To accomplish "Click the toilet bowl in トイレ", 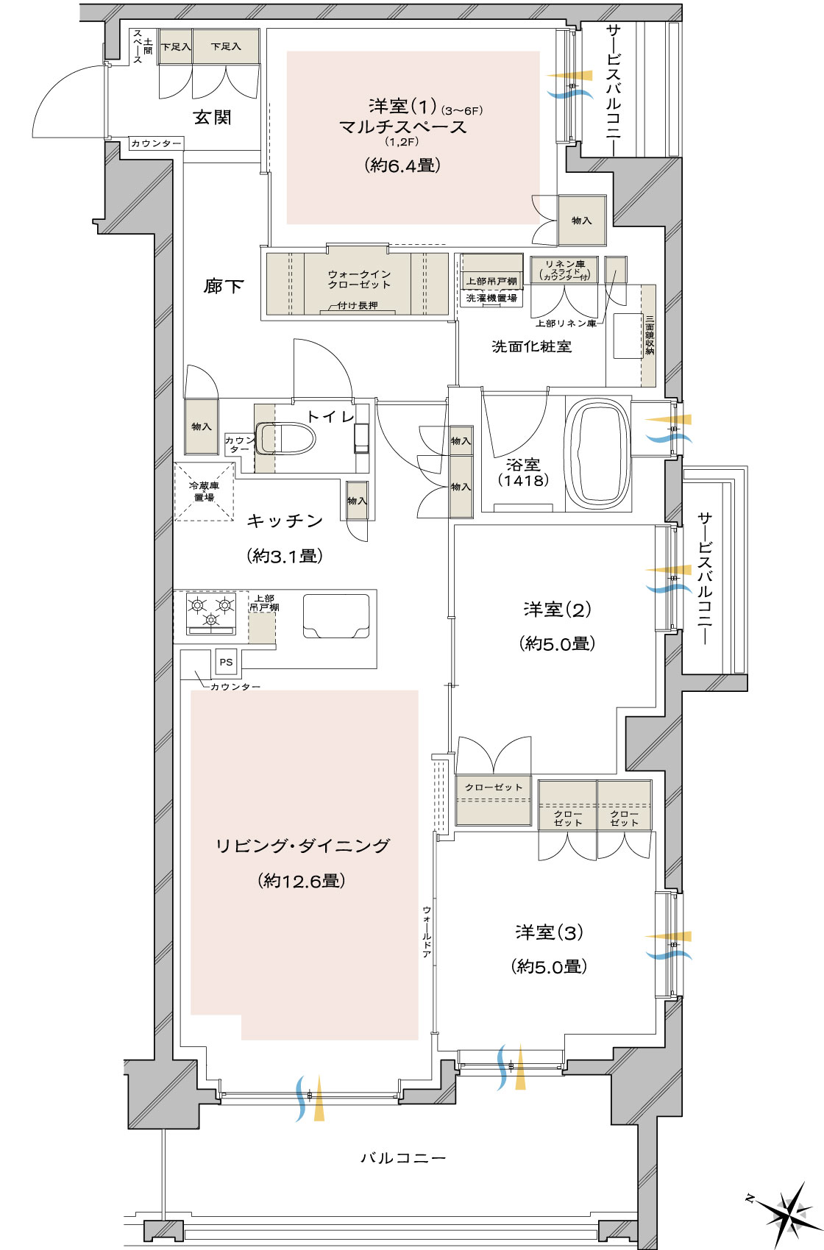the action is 285,439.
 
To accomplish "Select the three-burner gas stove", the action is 210,613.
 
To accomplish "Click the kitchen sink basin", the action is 336,615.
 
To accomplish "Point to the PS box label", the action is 226,662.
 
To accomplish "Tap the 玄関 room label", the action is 212,117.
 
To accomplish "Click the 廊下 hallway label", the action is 224,287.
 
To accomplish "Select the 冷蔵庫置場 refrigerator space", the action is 204,492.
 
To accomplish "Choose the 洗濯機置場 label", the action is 491,298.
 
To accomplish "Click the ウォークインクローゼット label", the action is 359,279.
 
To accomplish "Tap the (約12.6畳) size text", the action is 302,881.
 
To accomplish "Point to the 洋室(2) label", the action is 557,609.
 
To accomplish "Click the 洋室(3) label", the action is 550,932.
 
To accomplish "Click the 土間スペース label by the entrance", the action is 142,46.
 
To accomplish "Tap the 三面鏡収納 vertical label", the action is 649,335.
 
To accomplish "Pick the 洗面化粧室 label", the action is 531,346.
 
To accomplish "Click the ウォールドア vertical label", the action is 427,932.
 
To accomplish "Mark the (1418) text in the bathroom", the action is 523,480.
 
